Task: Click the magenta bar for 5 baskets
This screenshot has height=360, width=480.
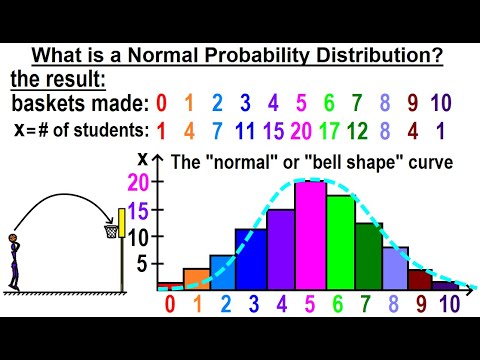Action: [311, 236]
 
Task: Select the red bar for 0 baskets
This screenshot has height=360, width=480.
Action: [170, 286]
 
